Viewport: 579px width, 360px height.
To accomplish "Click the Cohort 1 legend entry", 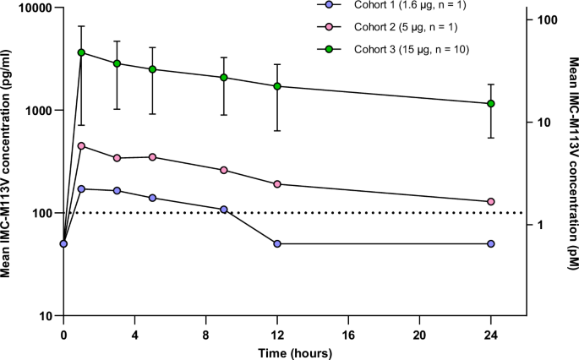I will click(x=394, y=6).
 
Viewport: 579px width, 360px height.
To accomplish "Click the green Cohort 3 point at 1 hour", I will click(x=82, y=52).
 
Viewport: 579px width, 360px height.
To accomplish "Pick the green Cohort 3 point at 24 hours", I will click(x=491, y=104).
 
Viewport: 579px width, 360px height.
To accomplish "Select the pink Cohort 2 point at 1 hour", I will click(x=82, y=145).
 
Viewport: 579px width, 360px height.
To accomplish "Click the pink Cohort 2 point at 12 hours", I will click(x=277, y=184).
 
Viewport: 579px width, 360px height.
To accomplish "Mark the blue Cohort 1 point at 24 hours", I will click(x=491, y=243).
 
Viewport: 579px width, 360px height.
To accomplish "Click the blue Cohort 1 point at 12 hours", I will click(x=277, y=243).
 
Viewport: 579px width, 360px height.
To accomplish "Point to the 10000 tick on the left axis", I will click(x=29, y=8).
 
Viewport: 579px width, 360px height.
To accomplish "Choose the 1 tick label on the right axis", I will click(x=540, y=225).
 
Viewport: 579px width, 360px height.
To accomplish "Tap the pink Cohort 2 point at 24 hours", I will click(x=491, y=201).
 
